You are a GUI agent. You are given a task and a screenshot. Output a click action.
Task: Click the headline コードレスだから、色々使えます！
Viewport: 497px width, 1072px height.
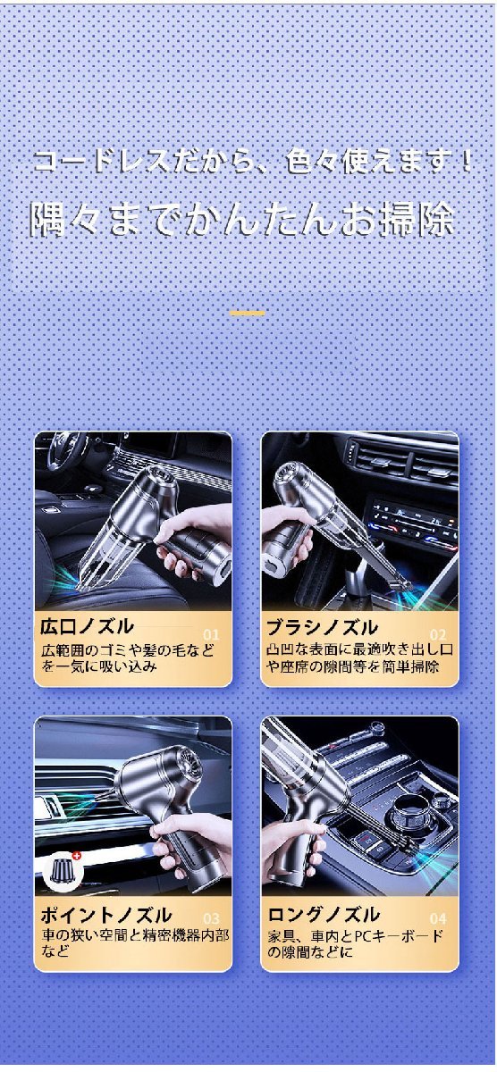(253, 163)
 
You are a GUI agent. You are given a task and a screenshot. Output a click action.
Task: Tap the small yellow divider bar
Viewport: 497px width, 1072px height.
(247, 314)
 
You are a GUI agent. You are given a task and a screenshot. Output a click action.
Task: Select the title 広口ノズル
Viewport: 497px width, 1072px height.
(88, 625)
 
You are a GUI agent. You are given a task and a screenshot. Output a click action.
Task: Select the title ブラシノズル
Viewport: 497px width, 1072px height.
(321, 625)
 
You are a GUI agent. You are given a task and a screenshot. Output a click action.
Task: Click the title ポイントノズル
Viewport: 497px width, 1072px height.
(105, 914)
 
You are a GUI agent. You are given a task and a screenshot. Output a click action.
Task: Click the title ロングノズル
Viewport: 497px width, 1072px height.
(324, 914)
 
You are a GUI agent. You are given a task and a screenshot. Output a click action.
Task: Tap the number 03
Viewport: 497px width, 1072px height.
(210, 917)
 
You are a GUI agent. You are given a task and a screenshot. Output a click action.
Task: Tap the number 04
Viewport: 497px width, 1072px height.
(437, 917)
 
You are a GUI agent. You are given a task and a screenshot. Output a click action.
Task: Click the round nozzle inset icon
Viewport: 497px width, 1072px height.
(61, 869)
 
